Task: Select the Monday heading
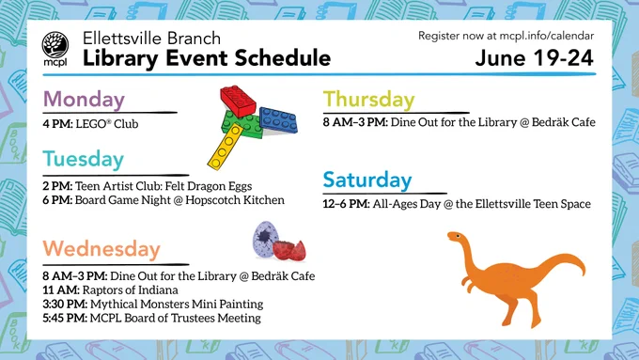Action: (x=84, y=100)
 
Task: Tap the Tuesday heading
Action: (x=83, y=160)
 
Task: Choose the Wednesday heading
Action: (x=101, y=249)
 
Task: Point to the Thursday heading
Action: (x=368, y=99)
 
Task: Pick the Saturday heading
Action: (x=367, y=180)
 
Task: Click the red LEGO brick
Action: (x=238, y=102)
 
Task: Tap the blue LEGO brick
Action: (x=278, y=120)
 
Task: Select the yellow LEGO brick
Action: (x=226, y=146)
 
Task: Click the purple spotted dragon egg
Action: (x=266, y=240)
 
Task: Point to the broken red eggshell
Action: (x=289, y=250)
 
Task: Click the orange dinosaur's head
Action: (x=456, y=237)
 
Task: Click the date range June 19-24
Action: (x=534, y=58)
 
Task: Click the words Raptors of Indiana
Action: (x=130, y=290)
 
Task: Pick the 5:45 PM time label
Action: (x=65, y=318)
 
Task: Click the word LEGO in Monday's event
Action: (x=90, y=124)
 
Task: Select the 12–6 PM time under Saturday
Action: (x=347, y=204)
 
